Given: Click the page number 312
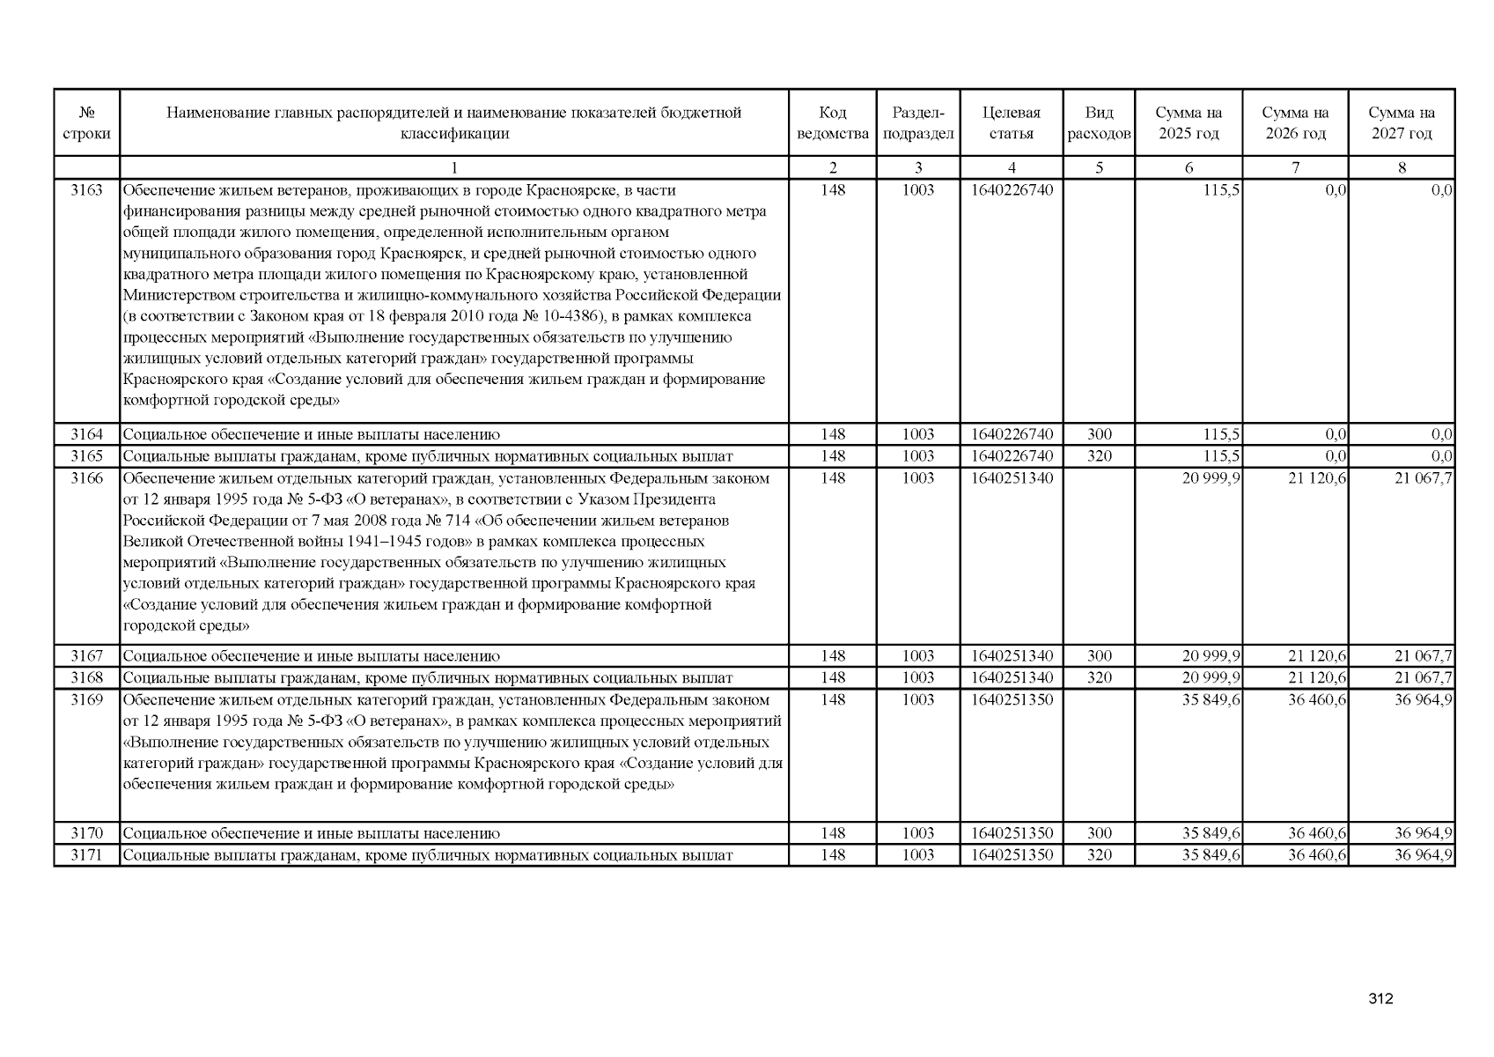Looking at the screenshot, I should click(1380, 998).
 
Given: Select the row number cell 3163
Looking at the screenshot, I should click(86, 190).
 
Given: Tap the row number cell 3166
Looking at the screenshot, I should click(86, 478).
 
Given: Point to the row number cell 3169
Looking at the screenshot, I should click(86, 700).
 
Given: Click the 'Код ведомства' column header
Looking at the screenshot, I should click(832, 123).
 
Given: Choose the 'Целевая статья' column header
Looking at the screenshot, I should click(1011, 123).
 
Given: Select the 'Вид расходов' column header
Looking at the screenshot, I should click(1099, 123).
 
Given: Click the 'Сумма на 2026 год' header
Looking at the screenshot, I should click(1295, 123).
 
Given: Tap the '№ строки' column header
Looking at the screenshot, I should click(86, 123).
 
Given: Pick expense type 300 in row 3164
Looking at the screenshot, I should click(1099, 434).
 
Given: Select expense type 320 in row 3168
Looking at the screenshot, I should click(1099, 678).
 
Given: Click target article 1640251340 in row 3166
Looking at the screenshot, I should click(1012, 478).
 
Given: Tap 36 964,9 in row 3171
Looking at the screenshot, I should click(1423, 855).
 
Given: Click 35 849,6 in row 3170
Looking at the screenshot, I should click(1211, 833).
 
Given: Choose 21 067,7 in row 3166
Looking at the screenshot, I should click(1423, 478).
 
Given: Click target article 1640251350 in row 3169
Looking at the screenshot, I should click(1012, 700).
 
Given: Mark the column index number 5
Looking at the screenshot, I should click(1099, 168).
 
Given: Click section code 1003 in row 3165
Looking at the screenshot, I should click(917, 456).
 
